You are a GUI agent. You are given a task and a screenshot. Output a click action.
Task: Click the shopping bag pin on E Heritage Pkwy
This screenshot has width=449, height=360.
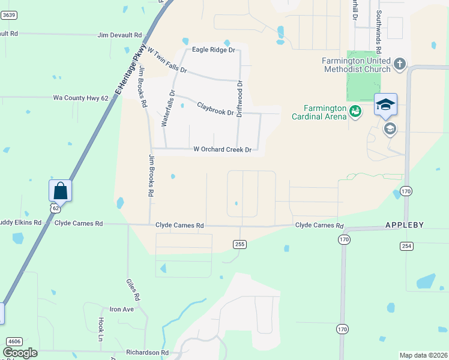tap(61, 191)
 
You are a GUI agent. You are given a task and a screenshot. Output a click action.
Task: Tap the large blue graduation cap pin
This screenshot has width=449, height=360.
tap(385, 105)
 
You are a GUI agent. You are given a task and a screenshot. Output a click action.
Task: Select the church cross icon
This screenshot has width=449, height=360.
tap(400, 63)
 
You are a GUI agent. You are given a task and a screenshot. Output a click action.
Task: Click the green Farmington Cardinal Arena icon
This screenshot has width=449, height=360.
tap(355, 110)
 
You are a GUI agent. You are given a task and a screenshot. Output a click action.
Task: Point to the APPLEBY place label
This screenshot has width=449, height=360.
tap(404, 225)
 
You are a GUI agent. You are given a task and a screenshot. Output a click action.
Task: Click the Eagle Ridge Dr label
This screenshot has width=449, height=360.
tap(212, 50)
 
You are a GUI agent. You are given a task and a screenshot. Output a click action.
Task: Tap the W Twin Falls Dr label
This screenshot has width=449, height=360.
tap(167, 61)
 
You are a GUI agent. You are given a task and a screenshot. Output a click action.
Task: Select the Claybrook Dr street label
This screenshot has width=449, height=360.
tap(215, 109)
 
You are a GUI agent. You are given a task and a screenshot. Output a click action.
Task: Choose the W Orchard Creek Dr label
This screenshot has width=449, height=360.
tap(222, 149)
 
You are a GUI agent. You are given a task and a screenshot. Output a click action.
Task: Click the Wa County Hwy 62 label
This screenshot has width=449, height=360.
tap(81, 97)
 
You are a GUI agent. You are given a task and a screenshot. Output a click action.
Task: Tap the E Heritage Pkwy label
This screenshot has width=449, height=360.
tap(134, 73)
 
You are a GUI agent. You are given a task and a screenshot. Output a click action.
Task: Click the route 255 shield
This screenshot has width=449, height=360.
tap(240, 244)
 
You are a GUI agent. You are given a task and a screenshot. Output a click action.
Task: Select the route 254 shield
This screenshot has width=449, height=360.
tap(406, 246)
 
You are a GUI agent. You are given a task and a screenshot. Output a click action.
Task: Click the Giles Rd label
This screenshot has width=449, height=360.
tap(133, 289)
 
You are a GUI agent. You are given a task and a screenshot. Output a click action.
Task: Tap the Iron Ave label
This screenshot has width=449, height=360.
tap(122, 310)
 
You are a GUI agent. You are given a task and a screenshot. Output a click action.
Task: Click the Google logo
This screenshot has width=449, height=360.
tap(20, 353)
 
